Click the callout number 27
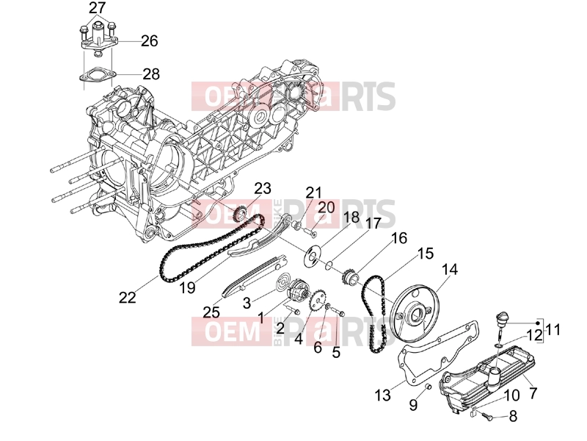[98, 7]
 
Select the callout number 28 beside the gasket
[151, 74]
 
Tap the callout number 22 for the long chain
[127, 298]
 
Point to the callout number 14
[450, 269]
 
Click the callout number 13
[382, 395]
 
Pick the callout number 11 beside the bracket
[553, 329]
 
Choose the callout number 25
[211, 312]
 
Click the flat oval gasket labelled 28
[97, 73]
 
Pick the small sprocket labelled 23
[240, 214]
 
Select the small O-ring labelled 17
[328, 265]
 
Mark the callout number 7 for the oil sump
[533, 393]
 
